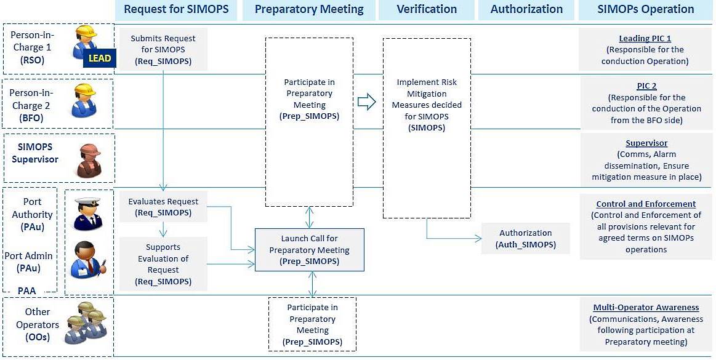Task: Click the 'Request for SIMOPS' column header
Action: point(176,9)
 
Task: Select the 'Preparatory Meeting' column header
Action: point(309,9)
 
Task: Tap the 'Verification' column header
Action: point(427,9)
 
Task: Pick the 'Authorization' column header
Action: point(526,9)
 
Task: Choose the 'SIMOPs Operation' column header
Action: point(645,9)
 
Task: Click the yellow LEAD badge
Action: point(99,58)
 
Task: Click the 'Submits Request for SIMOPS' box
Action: point(163,49)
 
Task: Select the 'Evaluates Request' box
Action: point(163,207)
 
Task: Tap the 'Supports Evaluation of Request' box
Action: point(163,264)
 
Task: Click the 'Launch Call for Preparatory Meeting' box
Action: point(309,250)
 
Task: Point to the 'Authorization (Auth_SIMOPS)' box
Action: point(526,239)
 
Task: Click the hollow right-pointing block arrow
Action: point(366,102)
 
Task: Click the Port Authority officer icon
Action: point(87,213)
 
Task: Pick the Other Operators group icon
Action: point(87,321)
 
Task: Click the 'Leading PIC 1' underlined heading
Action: point(645,39)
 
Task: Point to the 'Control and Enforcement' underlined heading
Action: point(646,204)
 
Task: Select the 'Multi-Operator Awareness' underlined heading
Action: point(646,308)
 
